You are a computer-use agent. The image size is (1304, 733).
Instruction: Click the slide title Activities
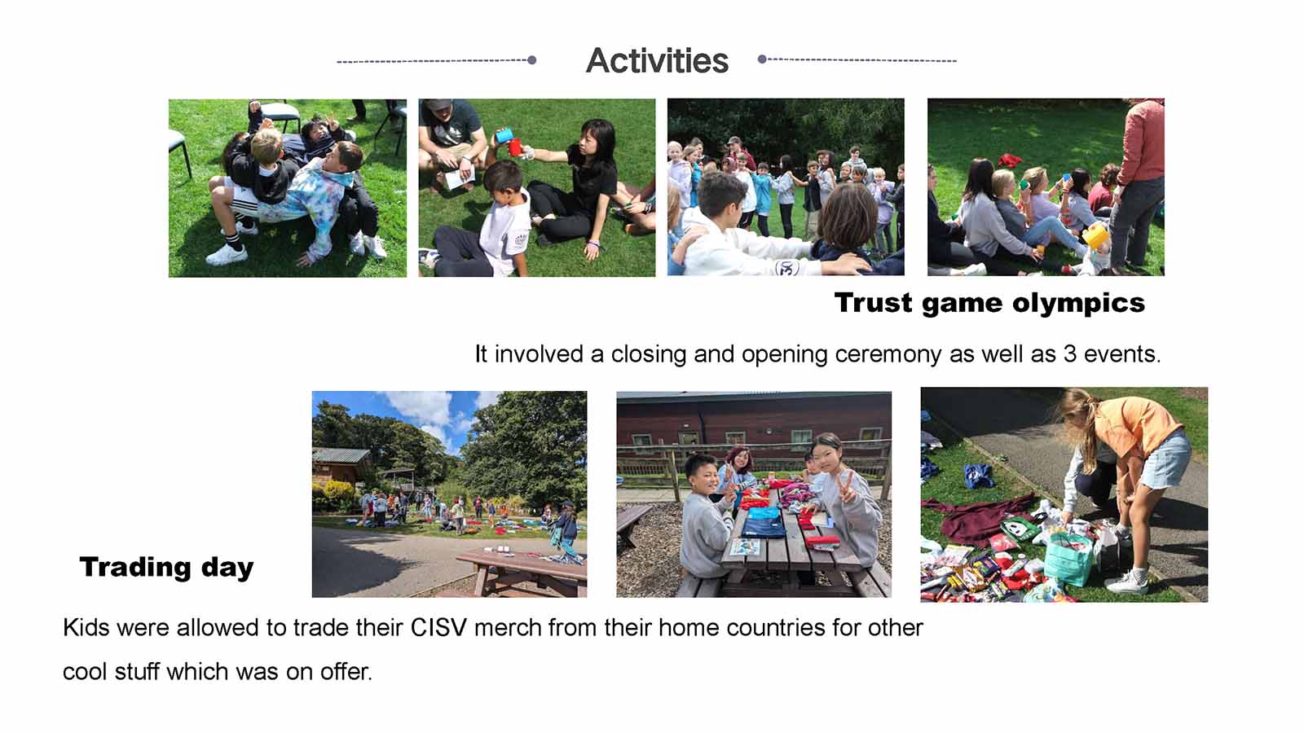[657, 60]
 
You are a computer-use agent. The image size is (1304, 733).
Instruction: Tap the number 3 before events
[1070, 353]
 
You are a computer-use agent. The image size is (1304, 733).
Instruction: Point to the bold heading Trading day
[166, 567]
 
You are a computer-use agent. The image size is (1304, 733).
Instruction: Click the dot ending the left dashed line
[531, 60]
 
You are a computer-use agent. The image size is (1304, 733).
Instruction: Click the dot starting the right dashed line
[762, 59]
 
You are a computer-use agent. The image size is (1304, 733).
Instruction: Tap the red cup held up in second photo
[515, 147]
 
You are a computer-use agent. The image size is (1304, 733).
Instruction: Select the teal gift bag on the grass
[1068, 559]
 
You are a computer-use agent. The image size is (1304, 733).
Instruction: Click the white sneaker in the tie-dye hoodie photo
[227, 255]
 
